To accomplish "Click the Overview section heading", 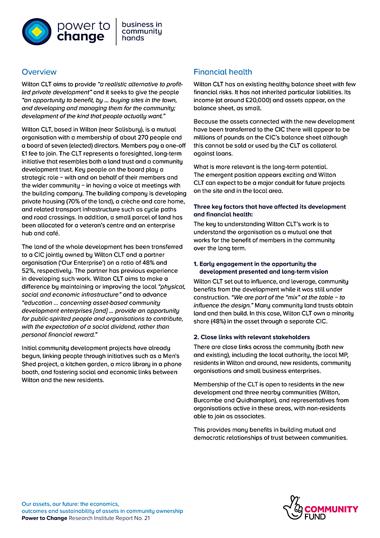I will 39,72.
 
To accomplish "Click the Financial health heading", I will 223,72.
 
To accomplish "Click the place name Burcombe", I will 209,400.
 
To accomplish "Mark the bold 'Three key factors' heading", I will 269,211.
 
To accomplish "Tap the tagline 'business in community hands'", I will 142,31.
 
